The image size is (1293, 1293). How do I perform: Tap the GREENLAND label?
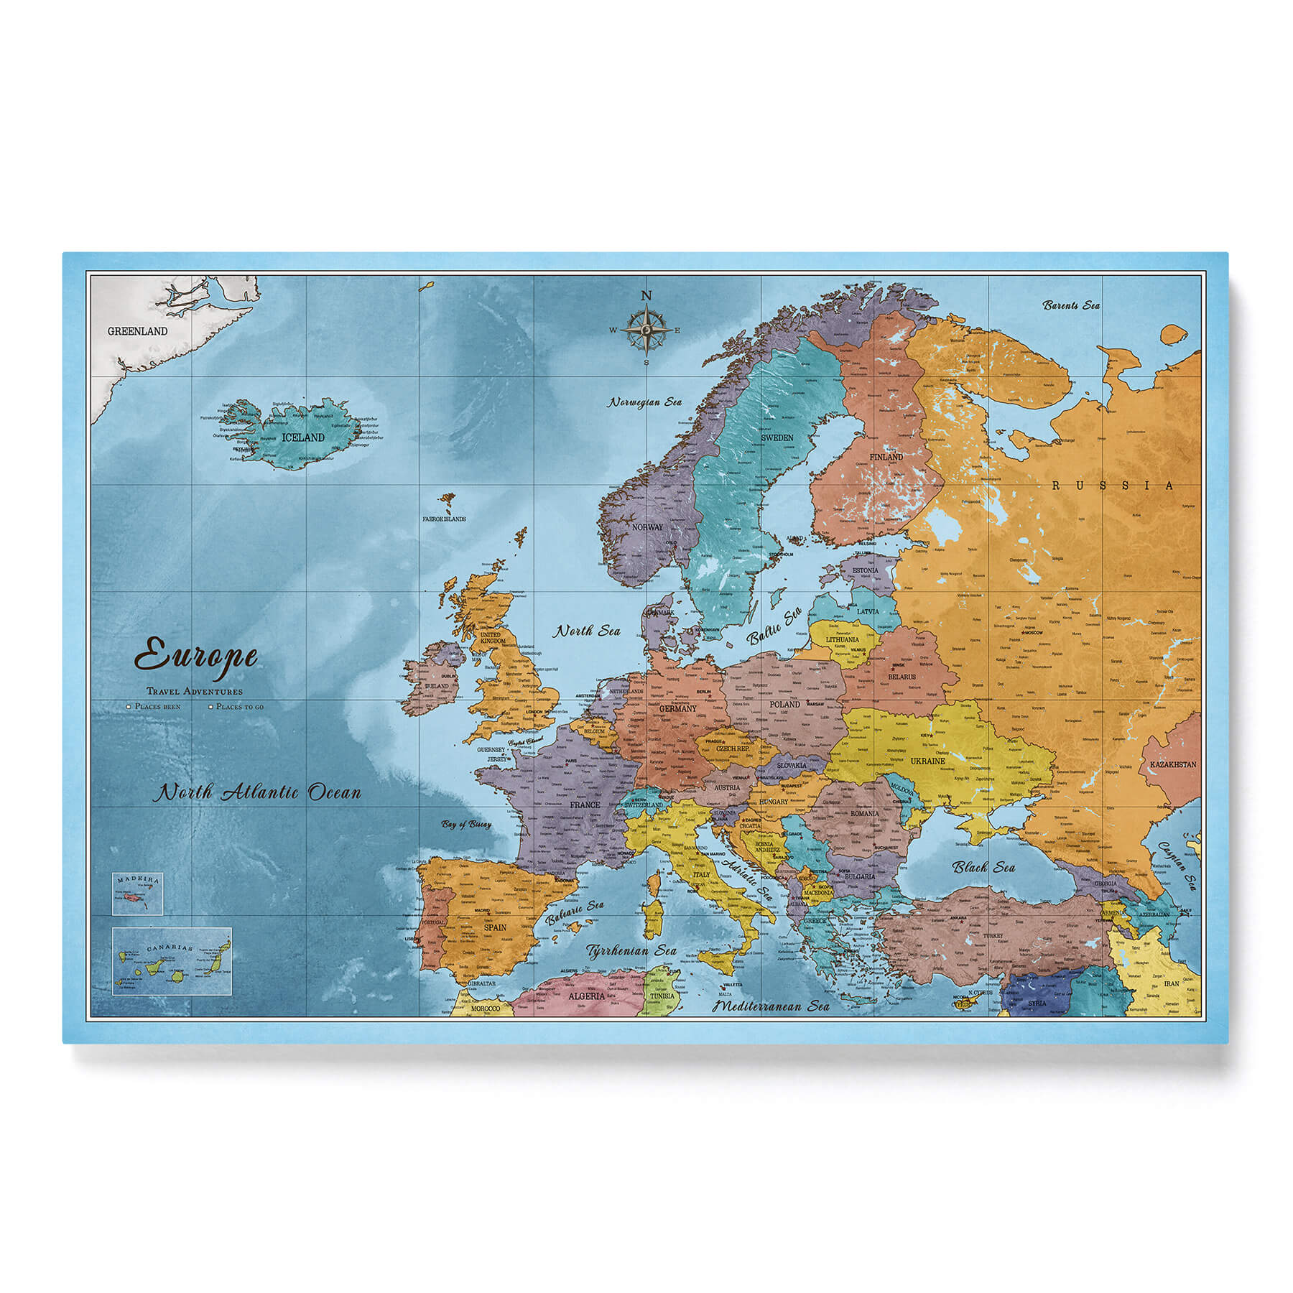tap(137, 331)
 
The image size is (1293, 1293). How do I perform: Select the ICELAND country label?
tap(303, 437)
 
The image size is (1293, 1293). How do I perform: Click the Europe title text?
tap(196, 657)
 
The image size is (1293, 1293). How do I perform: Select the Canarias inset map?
tap(172, 961)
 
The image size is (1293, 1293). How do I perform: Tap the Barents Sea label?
tap(1071, 305)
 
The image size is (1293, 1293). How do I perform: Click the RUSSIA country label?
tap(1113, 486)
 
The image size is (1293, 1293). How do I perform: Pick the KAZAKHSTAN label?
tap(1172, 764)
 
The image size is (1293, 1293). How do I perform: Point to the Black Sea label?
tap(983, 867)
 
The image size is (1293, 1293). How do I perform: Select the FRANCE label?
tap(585, 805)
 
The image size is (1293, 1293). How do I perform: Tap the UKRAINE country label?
tap(927, 761)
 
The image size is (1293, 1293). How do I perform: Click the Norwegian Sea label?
tap(644, 402)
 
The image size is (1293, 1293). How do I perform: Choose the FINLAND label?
tap(886, 457)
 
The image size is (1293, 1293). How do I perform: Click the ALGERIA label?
tap(586, 996)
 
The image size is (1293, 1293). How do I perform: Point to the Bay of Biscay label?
tap(467, 824)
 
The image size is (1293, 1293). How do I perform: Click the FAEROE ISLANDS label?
tap(443, 519)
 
